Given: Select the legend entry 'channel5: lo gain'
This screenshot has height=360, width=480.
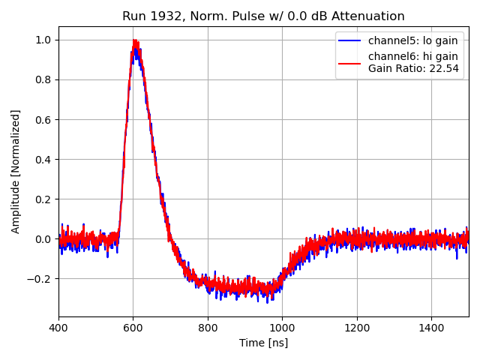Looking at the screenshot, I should point(412,40).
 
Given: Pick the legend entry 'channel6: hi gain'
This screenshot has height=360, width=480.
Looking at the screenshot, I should point(412,56).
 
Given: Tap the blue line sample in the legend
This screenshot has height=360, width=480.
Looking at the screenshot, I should point(352,40).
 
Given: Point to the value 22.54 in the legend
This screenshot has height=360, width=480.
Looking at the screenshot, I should point(445,68).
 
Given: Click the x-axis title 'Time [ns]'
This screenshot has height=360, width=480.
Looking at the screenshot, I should point(263,343).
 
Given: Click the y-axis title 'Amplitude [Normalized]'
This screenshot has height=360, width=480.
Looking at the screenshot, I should point(16,171).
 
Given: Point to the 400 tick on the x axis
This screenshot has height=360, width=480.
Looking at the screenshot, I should point(59,328).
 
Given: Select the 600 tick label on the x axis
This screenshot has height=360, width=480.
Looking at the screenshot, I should point(133,328).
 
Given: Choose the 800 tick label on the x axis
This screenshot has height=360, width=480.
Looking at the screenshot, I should point(208,328).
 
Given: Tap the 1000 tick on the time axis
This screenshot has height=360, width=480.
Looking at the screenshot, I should point(282,328).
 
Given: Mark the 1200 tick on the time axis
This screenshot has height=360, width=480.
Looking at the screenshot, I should point(356,328).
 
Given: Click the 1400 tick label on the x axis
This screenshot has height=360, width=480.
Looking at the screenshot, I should point(431,328).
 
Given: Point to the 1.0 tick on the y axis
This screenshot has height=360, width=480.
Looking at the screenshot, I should point(43,40).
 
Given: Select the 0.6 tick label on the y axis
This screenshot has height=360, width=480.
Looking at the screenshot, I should point(43,119).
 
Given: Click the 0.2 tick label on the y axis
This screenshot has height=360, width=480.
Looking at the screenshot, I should point(43,199).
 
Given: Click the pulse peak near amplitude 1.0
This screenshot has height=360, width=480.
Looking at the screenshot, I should point(135,42).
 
